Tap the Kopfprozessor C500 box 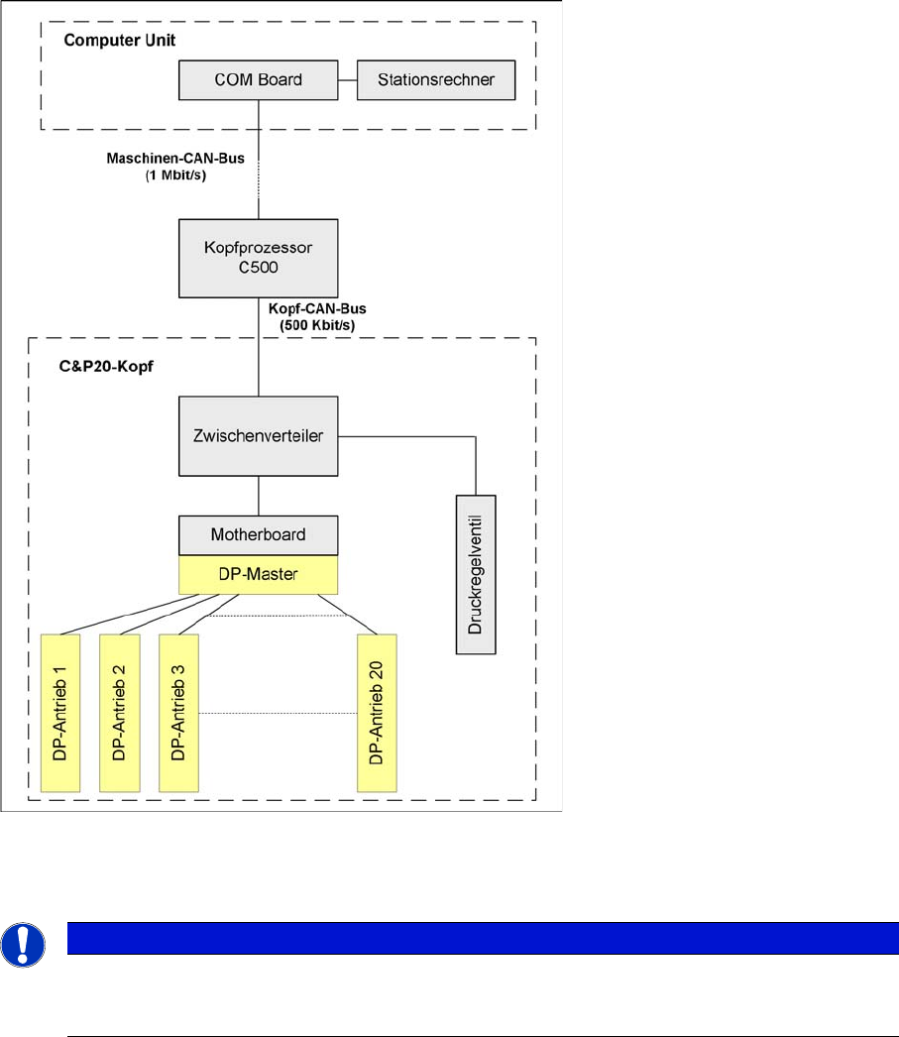pyautogui.click(x=259, y=257)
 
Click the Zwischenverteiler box pyautogui.click(x=259, y=435)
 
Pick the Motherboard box pyautogui.click(x=259, y=534)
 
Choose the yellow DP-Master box pyautogui.click(x=259, y=574)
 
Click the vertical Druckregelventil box pyautogui.click(x=475, y=573)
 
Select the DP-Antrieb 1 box pyautogui.click(x=59, y=710)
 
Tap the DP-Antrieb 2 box pyautogui.click(x=119, y=710)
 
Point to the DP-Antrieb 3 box pyautogui.click(x=178, y=710)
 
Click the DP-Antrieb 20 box pyautogui.click(x=376, y=710)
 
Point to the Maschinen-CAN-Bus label pyautogui.click(x=161, y=159)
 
